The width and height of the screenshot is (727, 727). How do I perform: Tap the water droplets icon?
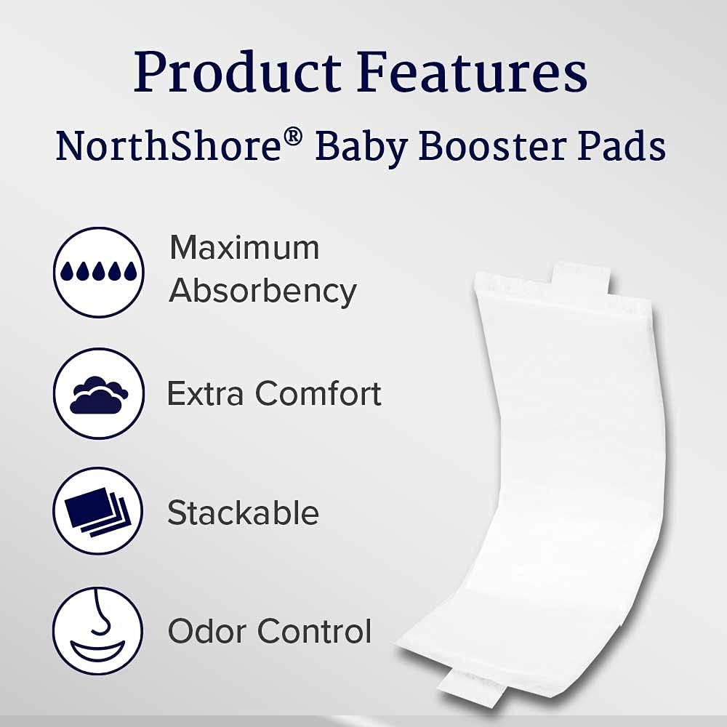click(98, 271)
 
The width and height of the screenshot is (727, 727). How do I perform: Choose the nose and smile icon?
click(98, 630)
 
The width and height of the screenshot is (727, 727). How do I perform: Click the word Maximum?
click(244, 248)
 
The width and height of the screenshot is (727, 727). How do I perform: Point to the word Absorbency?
click(262, 292)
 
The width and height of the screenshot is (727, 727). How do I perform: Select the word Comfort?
click(318, 394)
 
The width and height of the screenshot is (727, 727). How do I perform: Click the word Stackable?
click(243, 513)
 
